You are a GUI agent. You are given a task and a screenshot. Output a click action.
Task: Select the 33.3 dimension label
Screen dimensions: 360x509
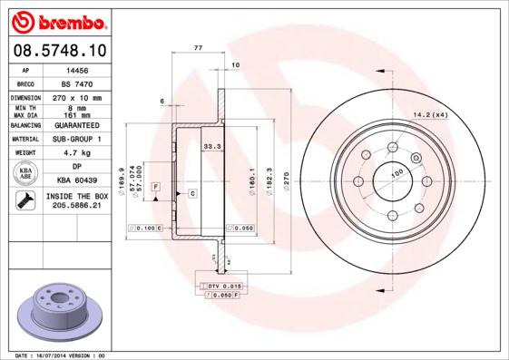[x=212, y=144]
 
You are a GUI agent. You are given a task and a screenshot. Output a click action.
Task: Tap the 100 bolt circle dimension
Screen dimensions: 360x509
[x=396, y=172]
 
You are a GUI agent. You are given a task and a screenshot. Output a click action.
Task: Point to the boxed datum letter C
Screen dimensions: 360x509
[x=193, y=194]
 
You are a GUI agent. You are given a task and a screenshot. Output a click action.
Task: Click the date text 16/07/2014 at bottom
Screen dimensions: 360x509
[x=58, y=355]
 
